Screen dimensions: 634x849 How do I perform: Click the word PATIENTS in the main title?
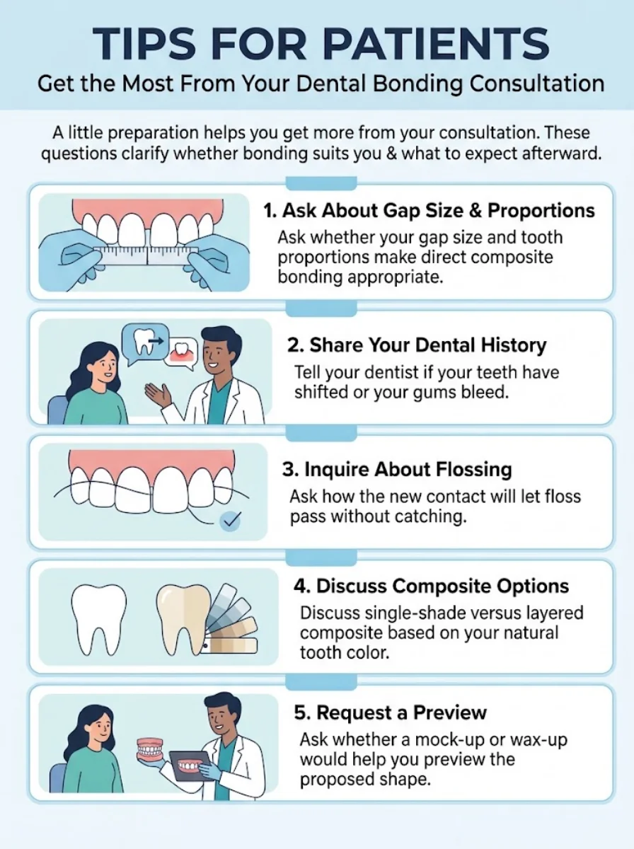coord(436,44)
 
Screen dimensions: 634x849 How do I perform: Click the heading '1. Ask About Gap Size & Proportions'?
coord(429,211)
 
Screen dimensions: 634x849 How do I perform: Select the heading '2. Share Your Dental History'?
coord(417,345)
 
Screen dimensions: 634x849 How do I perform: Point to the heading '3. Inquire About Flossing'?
coord(397,470)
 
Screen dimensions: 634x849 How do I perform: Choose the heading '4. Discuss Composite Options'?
coord(431,586)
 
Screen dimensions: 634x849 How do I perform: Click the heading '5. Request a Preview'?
coord(390,712)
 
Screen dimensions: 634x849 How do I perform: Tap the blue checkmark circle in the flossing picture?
coord(230,521)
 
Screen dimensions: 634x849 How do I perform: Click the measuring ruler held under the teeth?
coord(147,256)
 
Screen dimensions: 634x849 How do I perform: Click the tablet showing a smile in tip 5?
coord(190,766)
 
